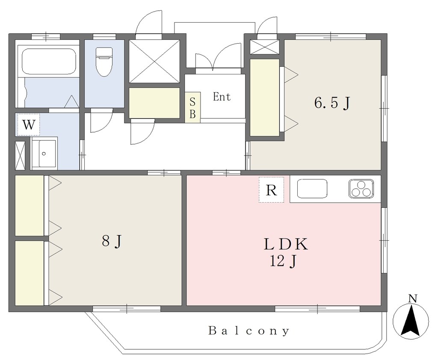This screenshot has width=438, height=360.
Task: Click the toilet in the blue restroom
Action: [x=104, y=62]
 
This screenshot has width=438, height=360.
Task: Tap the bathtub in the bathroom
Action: [x=49, y=62]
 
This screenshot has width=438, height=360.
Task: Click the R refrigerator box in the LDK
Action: [x=271, y=190]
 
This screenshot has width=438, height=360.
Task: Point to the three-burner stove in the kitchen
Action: [x=361, y=189]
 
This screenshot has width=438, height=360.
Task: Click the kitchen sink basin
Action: [x=312, y=189]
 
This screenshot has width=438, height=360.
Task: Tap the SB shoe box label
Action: [x=192, y=107]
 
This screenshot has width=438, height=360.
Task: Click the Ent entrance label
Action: [x=222, y=97]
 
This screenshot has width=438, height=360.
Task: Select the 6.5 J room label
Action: [x=332, y=103]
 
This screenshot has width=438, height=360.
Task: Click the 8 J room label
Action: [x=112, y=241]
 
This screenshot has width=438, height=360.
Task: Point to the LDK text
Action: [x=286, y=244]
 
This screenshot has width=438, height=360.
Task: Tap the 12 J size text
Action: [x=283, y=261]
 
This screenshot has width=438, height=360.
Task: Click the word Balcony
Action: [x=249, y=331]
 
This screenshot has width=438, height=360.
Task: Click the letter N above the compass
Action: [x=413, y=298]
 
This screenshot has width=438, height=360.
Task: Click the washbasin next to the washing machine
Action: [x=44, y=153]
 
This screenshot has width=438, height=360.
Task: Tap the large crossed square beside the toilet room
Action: [x=154, y=61]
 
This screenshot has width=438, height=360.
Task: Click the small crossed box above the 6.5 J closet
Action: [x=264, y=47]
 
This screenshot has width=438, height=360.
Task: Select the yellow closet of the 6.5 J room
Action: [x=264, y=97]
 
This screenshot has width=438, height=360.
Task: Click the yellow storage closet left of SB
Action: [x=154, y=103]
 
